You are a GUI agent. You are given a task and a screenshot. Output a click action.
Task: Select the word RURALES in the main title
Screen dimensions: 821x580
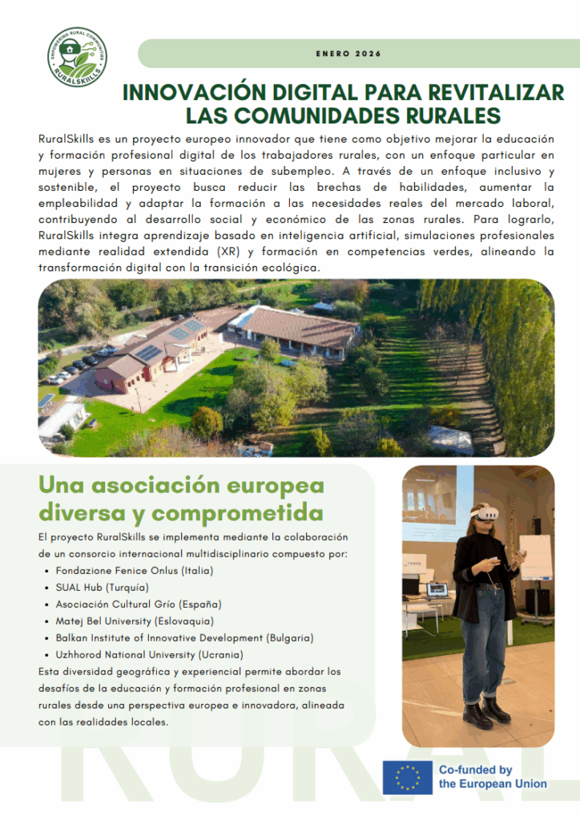pos(449,114)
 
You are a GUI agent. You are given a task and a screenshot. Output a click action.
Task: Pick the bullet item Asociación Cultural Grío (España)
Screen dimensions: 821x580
pos(138,604)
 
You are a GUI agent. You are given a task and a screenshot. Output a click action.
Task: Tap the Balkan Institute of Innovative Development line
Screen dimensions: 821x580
pos(184,637)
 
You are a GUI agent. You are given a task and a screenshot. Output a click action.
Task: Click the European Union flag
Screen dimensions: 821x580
pos(406,777)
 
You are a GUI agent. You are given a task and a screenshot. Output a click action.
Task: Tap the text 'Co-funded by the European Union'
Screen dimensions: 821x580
pos(492,777)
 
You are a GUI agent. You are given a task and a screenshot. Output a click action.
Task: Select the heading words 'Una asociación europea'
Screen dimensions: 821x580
pos(181,486)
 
